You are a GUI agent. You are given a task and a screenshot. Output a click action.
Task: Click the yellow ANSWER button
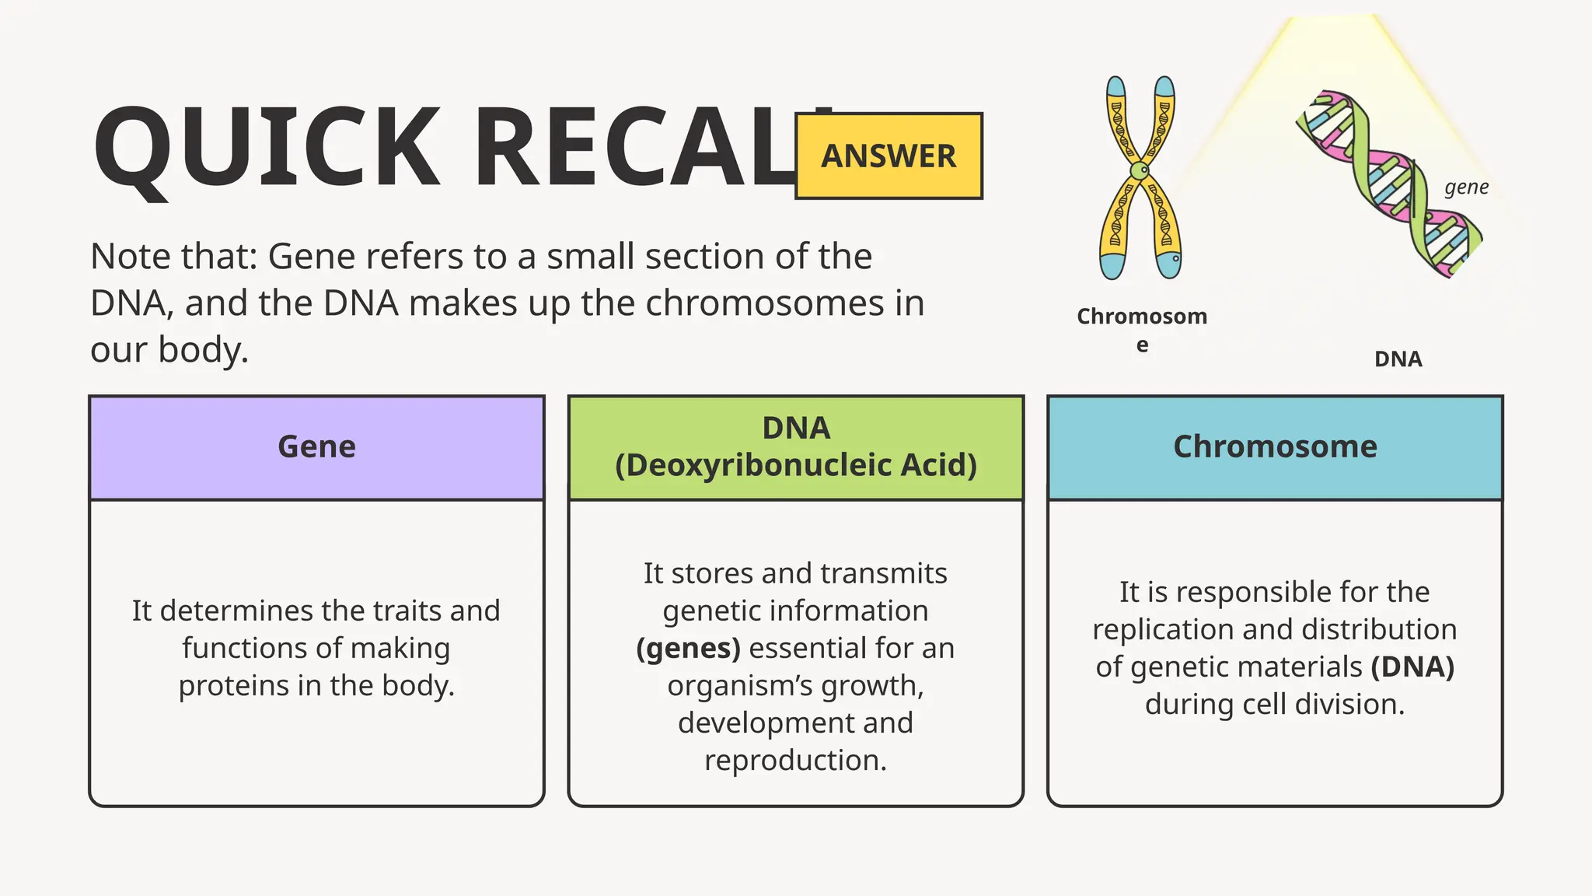point(889,156)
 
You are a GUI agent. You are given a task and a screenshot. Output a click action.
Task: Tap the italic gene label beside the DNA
point(1466,187)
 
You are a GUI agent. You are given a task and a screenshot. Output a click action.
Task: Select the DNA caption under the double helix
point(1398,359)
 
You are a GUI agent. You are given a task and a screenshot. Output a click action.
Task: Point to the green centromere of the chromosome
point(1139,170)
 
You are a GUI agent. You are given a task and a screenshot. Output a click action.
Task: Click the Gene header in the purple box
point(316,447)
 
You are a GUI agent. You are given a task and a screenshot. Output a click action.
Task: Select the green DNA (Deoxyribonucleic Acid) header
point(795,447)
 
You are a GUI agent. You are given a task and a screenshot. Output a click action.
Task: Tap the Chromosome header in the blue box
point(1275,447)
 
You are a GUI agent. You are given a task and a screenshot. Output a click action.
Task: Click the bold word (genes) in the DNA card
point(688,649)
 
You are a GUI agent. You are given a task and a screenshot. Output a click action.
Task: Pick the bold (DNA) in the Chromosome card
point(1412,667)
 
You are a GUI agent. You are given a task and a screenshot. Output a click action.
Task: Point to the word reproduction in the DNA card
point(794,761)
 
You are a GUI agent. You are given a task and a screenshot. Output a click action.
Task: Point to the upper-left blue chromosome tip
point(1115,87)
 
